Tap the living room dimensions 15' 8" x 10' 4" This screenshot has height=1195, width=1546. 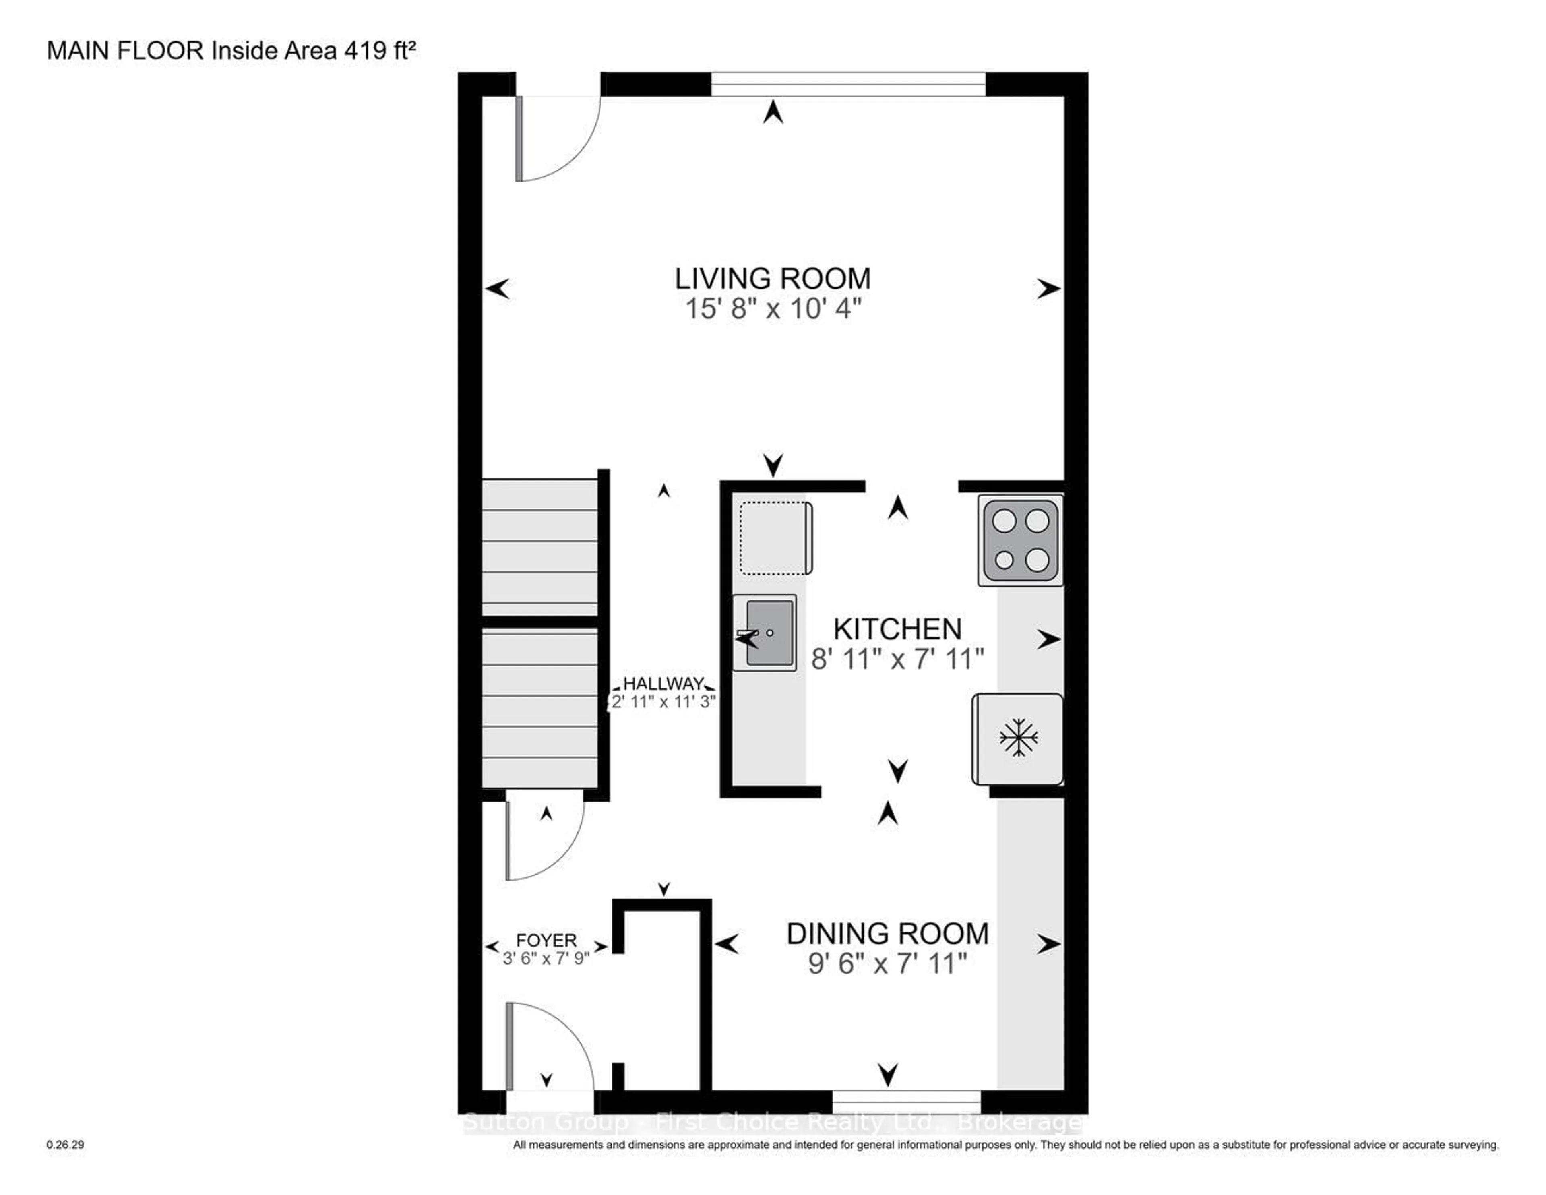click(x=772, y=309)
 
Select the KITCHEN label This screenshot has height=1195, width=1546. click(x=897, y=629)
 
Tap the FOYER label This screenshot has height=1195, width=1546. click(x=546, y=940)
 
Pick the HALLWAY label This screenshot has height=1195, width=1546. click(x=663, y=684)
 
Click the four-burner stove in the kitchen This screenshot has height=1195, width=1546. click(x=1020, y=540)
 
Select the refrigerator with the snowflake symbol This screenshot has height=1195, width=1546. click(x=1018, y=738)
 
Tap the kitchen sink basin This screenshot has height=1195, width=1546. click(x=769, y=632)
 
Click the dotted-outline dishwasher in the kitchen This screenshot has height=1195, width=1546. click(x=773, y=538)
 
